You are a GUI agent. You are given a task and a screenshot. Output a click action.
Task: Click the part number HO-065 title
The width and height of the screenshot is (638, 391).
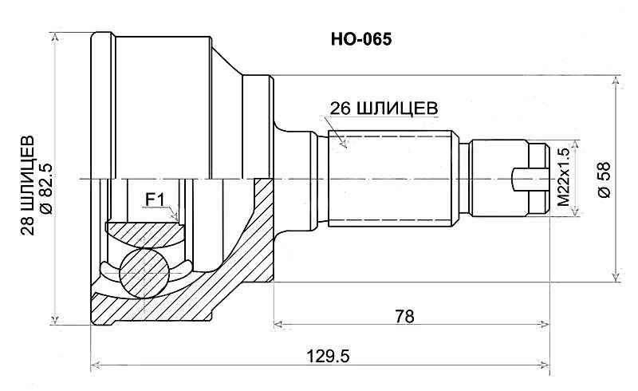(360, 38)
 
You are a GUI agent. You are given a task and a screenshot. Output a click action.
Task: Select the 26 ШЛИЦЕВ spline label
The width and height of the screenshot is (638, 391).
(384, 109)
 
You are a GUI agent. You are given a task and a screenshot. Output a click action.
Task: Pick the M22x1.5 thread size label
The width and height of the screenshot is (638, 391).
(565, 179)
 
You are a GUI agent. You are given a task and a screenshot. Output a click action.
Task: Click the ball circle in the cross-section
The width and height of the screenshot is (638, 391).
(144, 271)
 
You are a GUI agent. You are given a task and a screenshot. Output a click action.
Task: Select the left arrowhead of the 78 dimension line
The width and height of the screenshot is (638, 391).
(278, 324)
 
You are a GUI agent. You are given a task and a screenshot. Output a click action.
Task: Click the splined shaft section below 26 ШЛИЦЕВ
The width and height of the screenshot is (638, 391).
(391, 179)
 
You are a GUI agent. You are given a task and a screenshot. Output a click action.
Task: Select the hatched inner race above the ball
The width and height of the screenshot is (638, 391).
(148, 235)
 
